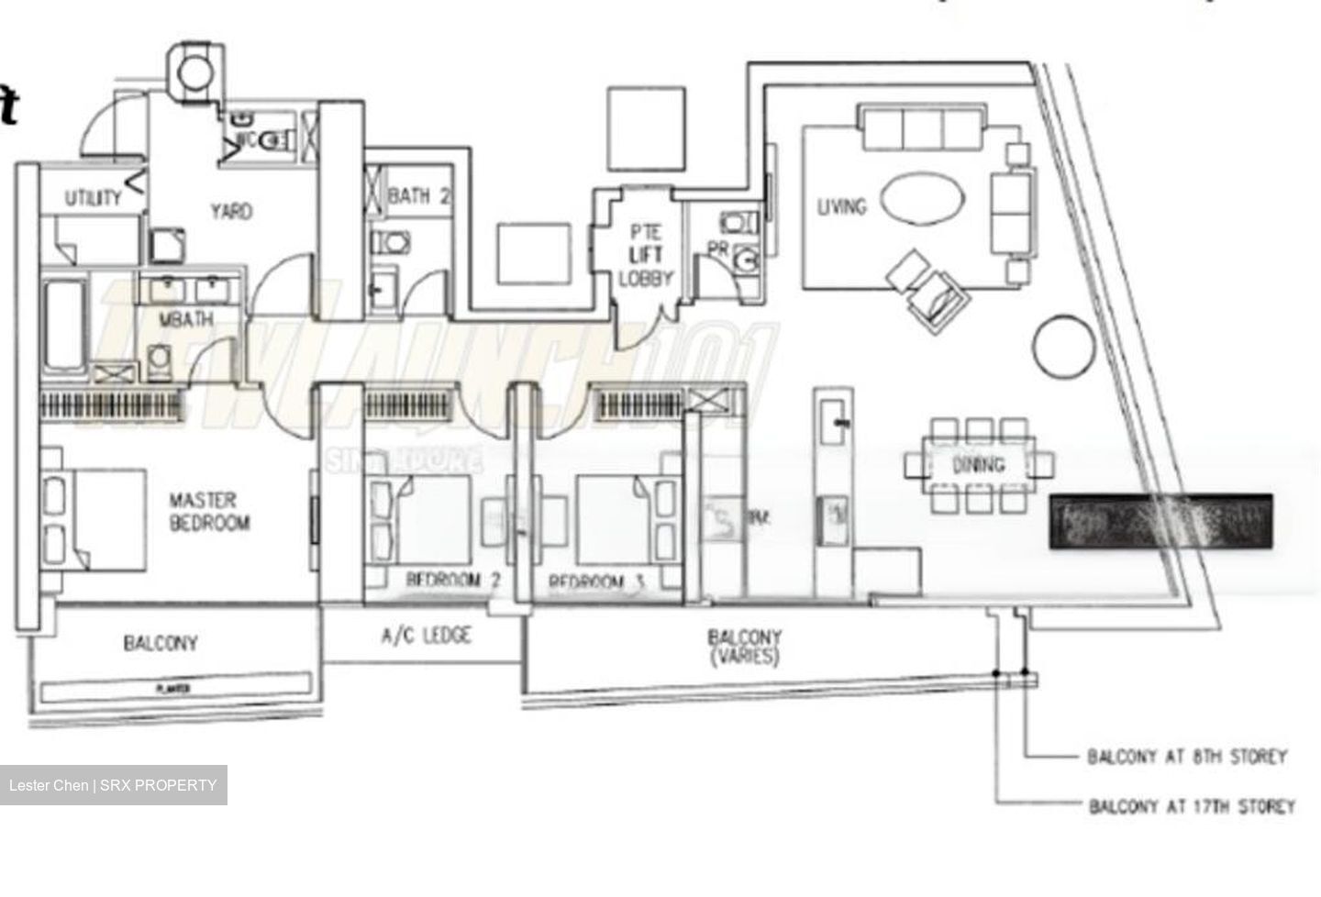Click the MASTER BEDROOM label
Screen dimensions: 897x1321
(209, 512)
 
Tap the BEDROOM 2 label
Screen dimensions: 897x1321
(453, 581)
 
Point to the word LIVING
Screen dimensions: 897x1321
(841, 206)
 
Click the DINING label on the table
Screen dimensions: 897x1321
(978, 465)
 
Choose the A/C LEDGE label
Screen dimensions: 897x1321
(427, 635)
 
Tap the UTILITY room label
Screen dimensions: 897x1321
(93, 197)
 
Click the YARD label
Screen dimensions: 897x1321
(230, 211)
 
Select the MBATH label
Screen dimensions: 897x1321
(186, 319)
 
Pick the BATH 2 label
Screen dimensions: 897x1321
(419, 195)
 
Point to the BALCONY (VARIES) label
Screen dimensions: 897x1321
(744, 646)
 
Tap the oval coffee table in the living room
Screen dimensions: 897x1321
(922, 199)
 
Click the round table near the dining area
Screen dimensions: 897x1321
(1064, 344)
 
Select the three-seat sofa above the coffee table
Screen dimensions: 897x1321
(922, 127)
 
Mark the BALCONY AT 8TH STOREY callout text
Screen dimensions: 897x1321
(1187, 757)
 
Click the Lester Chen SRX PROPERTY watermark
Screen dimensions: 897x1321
(113, 785)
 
